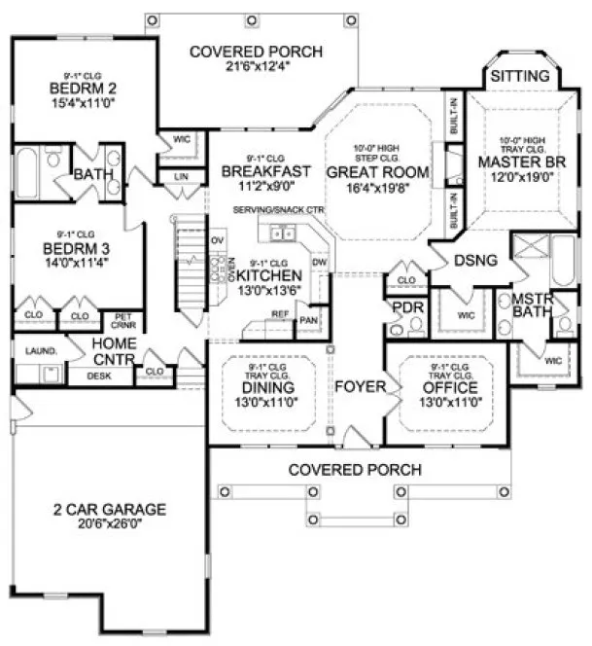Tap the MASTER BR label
click(514, 161)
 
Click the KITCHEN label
click(271, 276)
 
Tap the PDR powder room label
click(404, 308)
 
